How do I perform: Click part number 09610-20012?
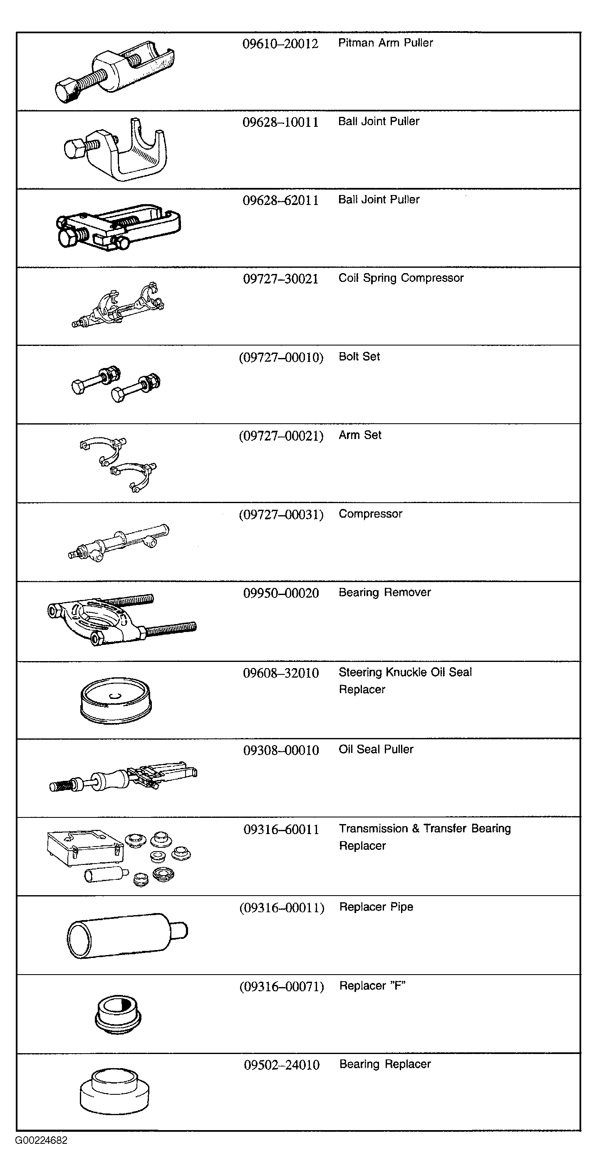[x=280, y=44]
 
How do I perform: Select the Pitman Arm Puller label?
[x=385, y=43]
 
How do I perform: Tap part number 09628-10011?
[x=280, y=122]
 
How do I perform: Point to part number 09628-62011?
[x=280, y=201]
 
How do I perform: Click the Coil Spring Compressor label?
[x=401, y=278]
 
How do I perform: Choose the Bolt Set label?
[x=359, y=357]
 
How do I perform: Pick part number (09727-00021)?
[x=281, y=436]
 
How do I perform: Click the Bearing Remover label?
[x=384, y=592]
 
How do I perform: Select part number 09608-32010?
[x=281, y=673]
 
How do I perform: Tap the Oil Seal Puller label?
[x=376, y=749]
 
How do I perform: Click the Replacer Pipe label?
[x=376, y=907]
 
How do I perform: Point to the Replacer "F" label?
[x=372, y=986]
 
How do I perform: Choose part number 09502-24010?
[x=282, y=1065]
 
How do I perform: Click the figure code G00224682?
[x=41, y=1140]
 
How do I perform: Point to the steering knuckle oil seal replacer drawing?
[x=116, y=700]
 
